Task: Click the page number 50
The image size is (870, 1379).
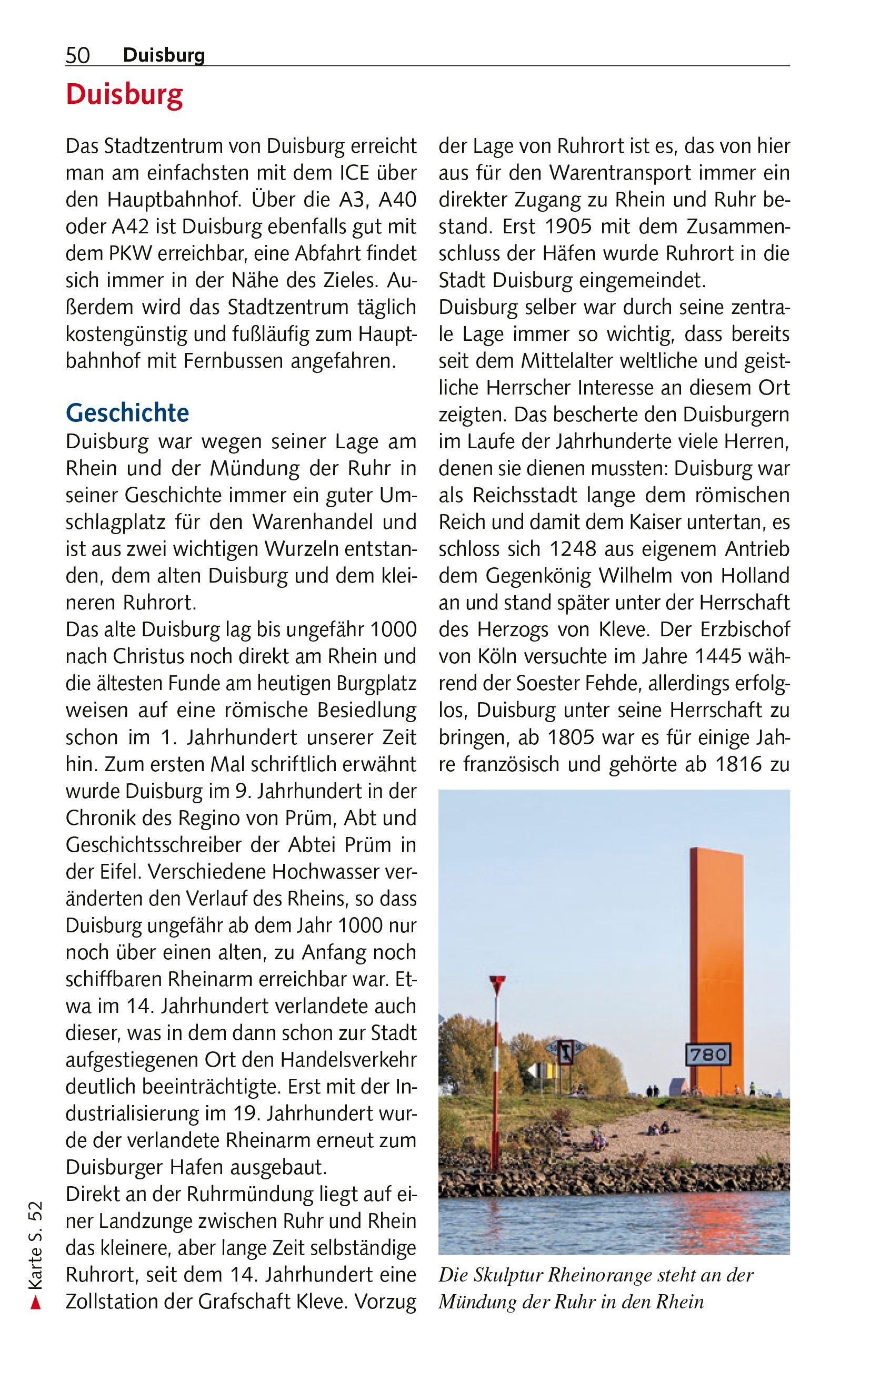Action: (78, 55)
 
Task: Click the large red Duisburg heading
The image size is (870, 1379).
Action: (124, 95)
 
